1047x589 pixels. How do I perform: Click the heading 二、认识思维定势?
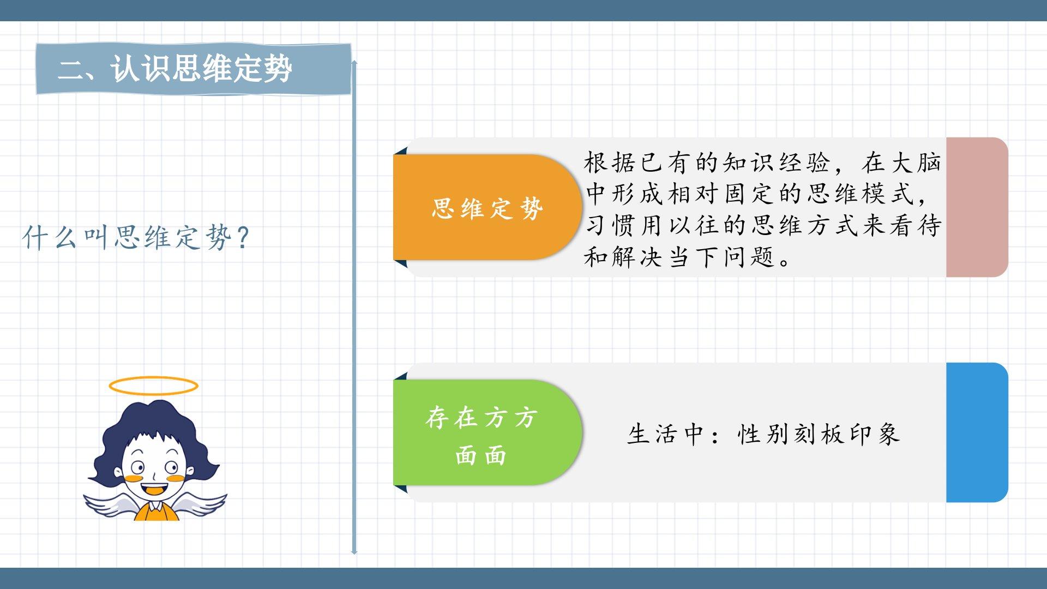point(175,69)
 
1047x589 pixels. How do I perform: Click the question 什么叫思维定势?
point(136,238)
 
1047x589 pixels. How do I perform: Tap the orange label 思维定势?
point(488,207)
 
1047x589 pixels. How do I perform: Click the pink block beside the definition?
point(977,207)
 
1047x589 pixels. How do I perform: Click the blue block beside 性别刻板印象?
point(977,432)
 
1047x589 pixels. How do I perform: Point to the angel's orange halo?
point(154,386)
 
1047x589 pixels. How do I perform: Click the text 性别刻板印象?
point(819,434)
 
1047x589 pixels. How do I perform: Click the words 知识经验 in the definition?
point(777,163)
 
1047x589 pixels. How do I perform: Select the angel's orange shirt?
point(157,512)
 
